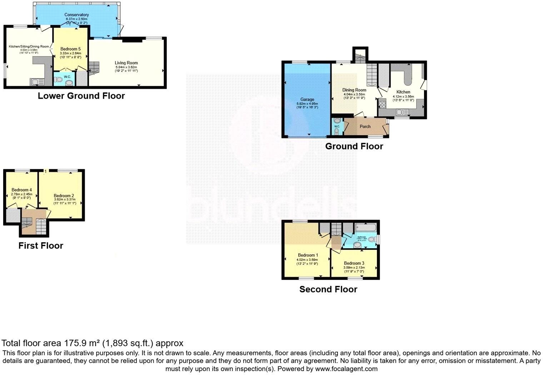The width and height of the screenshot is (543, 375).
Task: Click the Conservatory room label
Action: tap(76, 15)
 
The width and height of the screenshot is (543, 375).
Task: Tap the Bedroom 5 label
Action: tap(70, 49)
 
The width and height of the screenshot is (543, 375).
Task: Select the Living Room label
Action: tap(126, 63)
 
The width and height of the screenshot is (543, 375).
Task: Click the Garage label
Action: tap(307, 99)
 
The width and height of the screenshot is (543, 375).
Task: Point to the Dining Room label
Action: tap(354, 90)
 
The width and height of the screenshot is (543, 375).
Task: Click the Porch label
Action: tap(365, 127)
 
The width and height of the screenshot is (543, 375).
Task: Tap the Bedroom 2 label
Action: tap(64, 196)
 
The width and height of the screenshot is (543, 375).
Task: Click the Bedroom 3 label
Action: tap(354, 263)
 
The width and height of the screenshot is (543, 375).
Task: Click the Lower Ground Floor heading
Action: tap(81, 96)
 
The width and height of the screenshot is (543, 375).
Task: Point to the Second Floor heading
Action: tap(328, 289)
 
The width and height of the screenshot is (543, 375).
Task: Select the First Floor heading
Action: tap(41, 246)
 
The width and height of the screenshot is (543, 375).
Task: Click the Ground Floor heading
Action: tap(354, 146)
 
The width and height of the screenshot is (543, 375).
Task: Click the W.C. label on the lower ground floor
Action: tap(67, 77)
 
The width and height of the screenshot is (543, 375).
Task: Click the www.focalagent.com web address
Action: tap(346, 369)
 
